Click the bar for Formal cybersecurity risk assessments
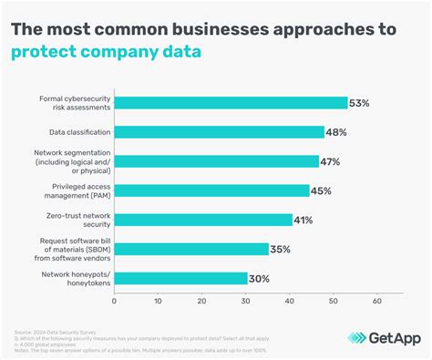pos(231,102)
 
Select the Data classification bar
pos(220,131)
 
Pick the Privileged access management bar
pos(212,190)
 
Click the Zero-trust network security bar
pos(203,220)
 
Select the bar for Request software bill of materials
pos(191,249)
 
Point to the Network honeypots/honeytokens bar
pos(180,278)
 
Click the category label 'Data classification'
pos(77,132)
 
